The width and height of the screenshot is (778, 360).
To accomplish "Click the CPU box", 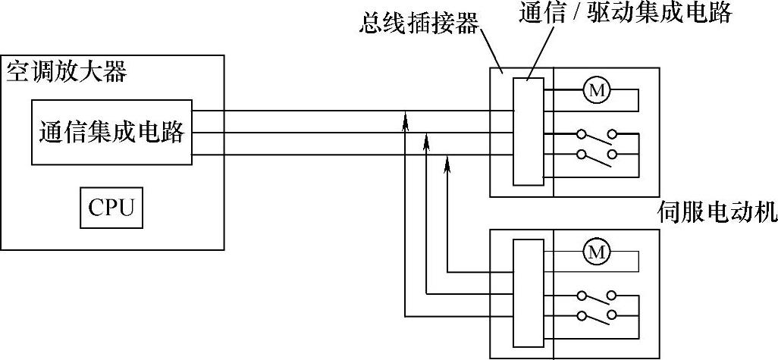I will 111,207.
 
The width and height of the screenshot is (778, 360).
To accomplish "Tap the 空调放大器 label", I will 67,74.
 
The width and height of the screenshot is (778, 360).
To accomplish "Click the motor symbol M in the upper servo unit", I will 597,91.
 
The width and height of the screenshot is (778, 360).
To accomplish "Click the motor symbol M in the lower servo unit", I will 597,250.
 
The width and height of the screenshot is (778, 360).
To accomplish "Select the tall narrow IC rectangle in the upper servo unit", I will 528,131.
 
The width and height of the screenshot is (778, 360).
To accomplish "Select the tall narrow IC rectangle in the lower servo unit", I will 528,293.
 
